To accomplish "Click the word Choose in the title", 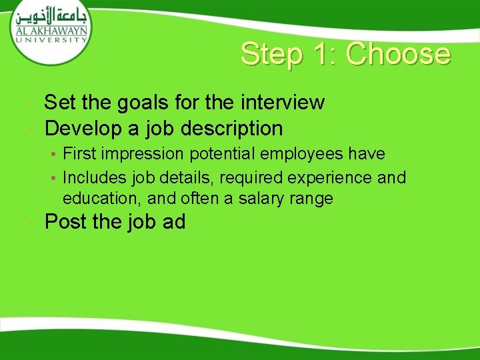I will [x=398, y=55].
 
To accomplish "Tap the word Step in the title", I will [x=269, y=55].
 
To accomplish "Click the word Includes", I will [x=91, y=177].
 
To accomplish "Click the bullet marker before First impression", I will [x=53, y=155].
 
